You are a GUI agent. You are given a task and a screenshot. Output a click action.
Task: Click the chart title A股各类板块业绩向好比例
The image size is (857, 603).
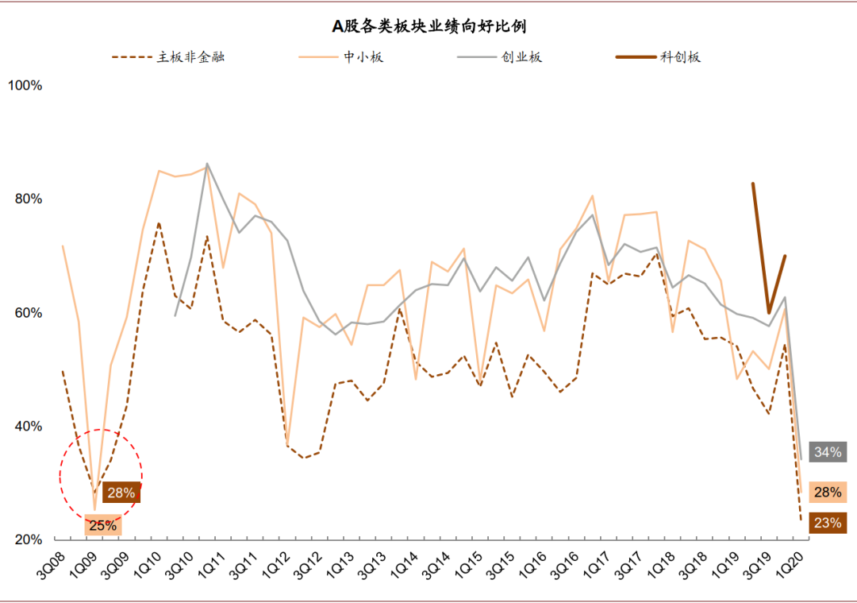coord(428,26)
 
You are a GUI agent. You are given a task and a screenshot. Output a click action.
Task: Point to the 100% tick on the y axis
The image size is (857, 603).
coord(25,85)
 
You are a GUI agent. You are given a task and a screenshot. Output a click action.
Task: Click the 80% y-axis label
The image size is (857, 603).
coord(29,199)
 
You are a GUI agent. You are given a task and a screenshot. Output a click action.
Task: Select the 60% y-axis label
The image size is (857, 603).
coord(29,312)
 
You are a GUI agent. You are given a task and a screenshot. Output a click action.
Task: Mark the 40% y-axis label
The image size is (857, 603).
coord(29,426)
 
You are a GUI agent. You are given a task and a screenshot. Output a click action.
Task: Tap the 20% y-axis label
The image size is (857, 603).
coord(29,539)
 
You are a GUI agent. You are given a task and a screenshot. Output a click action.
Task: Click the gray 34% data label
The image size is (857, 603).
coord(828,452)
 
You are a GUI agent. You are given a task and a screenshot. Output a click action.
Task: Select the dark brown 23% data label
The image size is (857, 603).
coord(828,523)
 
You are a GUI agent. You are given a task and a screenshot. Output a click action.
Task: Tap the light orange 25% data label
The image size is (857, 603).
coord(103,525)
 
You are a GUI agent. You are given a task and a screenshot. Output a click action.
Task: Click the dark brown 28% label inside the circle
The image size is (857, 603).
coord(121,493)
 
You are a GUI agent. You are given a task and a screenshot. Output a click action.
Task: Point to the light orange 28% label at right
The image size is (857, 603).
coord(828,492)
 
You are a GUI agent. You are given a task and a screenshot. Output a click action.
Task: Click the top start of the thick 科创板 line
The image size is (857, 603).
coord(752,184)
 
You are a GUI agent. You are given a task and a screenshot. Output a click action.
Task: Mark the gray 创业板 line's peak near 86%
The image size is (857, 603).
coord(207,164)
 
